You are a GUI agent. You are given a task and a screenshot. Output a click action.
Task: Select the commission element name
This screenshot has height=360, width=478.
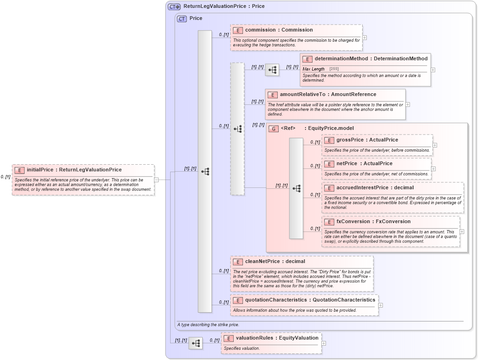(x=260, y=30)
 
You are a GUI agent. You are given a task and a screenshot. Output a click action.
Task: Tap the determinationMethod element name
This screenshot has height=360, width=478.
(x=341, y=58)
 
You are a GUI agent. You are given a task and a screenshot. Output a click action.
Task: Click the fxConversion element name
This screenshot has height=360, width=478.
(x=354, y=221)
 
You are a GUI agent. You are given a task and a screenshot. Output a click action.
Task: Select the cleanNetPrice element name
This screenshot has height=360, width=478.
(x=262, y=261)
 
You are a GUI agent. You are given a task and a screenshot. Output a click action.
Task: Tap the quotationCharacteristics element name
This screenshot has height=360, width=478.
(x=277, y=300)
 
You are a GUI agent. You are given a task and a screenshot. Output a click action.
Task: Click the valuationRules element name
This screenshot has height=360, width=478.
(x=254, y=338)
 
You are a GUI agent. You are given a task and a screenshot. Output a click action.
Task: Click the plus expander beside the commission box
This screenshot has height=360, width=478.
(x=364, y=38)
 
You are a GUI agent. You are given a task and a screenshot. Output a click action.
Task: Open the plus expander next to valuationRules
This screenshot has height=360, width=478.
(x=324, y=343)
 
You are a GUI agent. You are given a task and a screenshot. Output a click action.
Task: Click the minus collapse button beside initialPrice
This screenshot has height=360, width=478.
(x=157, y=180)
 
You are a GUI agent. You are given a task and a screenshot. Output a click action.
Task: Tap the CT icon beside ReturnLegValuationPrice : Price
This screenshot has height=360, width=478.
(x=174, y=6)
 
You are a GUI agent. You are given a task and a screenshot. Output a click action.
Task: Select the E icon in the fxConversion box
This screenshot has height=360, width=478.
(x=329, y=222)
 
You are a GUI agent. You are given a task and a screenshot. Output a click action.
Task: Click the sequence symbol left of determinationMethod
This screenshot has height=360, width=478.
(x=272, y=70)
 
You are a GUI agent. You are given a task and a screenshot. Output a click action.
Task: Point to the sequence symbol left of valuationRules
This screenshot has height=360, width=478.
(x=196, y=343)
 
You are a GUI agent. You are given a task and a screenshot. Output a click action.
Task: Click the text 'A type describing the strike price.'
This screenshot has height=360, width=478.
(x=208, y=325)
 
